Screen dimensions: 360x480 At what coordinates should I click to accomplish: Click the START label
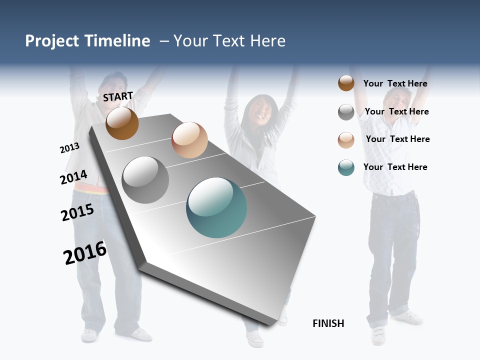[118, 96]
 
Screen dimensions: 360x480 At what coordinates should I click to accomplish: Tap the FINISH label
[328, 323]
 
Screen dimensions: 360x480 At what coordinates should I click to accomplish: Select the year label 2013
[69, 148]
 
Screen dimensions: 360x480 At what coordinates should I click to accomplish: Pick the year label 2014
[73, 177]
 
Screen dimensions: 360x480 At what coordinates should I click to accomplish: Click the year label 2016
[85, 253]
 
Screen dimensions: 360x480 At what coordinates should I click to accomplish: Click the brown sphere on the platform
[122, 123]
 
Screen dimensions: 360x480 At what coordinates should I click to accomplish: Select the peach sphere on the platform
[189, 140]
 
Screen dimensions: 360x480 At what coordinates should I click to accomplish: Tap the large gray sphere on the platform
[145, 180]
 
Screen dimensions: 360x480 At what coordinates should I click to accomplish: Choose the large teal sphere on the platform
[216, 207]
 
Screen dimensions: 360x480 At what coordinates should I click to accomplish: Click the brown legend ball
[346, 83]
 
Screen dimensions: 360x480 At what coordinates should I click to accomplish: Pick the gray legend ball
[346, 112]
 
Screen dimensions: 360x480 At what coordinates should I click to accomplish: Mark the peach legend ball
[346, 140]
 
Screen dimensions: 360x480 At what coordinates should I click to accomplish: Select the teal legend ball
[346, 167]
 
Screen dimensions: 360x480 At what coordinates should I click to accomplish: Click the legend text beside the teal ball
[395, 167]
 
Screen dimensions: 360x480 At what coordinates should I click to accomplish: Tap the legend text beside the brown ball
[395, 83]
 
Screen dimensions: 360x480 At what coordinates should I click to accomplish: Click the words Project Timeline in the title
[87, 41]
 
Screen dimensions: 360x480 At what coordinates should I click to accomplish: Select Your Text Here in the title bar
[229, 41]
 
